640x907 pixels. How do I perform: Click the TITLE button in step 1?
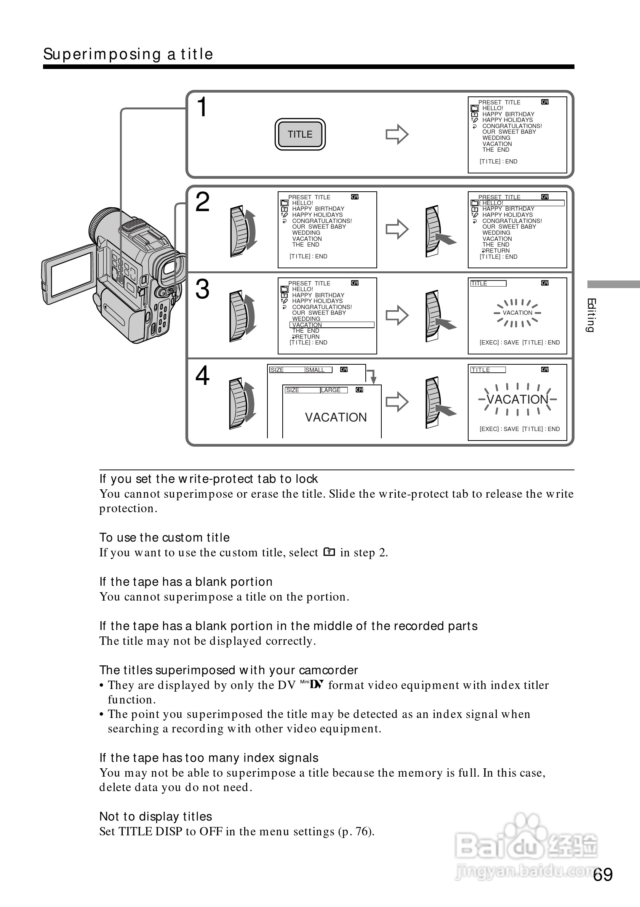click(x=300, y=134)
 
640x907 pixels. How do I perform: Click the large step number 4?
click(x=203, y=376)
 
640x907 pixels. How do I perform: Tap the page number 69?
click(x=603, y=875)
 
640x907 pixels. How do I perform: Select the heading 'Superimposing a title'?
click(x=128, y=54)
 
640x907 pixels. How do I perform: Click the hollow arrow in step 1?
click(x=397, y=134)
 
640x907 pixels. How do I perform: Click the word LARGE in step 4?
click(x=331, y=390)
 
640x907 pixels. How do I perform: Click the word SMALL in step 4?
click(x=315, y=370)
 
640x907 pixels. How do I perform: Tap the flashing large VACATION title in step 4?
click(x=517, y=399)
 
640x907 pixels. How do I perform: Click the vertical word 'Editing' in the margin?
click(x=591, y=315)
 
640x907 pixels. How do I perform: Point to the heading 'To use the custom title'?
click(x=164, y=538)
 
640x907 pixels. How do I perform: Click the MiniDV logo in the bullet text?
click(x=312, y=684)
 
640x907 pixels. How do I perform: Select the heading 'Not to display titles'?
click(x=155, y=817)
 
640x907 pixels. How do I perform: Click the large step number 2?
click(x=203, y=202)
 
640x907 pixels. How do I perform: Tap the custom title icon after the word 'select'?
click(x=329, y=552)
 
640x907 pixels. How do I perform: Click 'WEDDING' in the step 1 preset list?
click(x=496, y=138)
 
